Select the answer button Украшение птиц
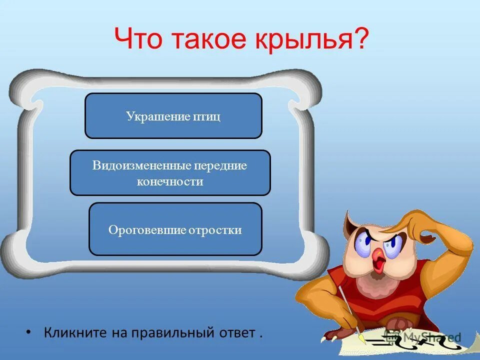pos(173,116)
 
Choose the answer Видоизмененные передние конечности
pos(170,173)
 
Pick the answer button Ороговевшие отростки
pos(175,229)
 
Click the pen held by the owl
pos(350,312)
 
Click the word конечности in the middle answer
pos(170,181)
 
